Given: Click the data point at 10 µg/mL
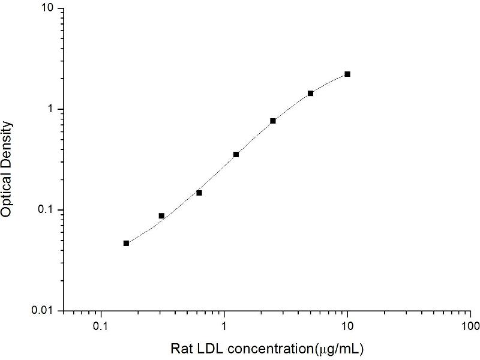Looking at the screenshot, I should coord(347,74).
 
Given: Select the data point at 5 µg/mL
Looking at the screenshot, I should coord(310,93).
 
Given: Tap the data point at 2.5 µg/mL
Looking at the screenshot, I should coord(273,121).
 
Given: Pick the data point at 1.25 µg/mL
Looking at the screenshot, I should coord(236,154).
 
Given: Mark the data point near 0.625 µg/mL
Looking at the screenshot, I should coord(199,193).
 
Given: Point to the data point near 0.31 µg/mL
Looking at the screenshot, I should coord(161,215).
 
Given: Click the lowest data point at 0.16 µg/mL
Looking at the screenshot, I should coord(126,243).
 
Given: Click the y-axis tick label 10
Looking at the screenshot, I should coord(48,9).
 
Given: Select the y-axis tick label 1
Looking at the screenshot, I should coord(52,109).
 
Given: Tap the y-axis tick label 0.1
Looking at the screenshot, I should coord(47,210).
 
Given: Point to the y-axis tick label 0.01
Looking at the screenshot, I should coord(44,310).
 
